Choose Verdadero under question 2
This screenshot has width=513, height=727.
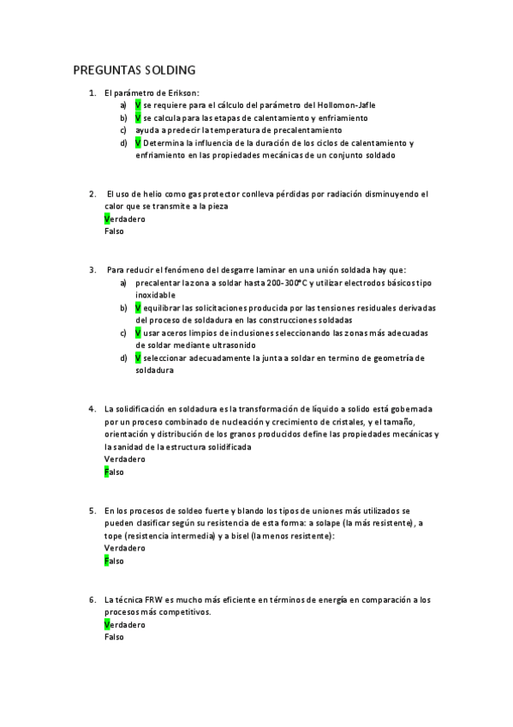(x=124, y=219)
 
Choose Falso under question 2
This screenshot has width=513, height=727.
(x=114, y=231)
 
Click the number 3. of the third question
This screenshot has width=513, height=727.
(x=92, y=269)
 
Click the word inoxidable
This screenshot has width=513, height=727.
(x=157, y=294)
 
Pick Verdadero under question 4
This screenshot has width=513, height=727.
(x=124, y=460)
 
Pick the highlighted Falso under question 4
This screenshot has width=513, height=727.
(x=114, y=472)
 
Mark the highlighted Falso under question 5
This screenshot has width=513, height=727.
(x=114, y=562)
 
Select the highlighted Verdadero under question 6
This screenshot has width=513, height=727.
(x=124, y=625)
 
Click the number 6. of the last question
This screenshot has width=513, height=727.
(x=92, y=599)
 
